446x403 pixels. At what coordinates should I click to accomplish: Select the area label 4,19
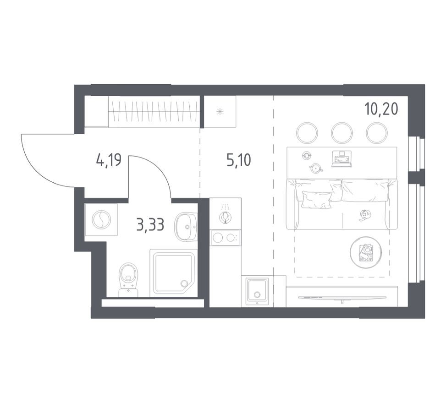point(109,160)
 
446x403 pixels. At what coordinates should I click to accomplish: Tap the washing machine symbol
point(101,220)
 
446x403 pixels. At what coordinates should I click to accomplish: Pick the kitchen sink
point(257,290)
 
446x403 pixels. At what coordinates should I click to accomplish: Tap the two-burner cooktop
point(225,237)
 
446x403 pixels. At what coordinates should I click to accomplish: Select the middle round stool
point(341,132)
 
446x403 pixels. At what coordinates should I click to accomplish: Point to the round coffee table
point(365,252)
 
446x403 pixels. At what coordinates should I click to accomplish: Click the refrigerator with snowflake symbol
point(220,111)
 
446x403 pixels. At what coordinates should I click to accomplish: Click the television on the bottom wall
point(341,298)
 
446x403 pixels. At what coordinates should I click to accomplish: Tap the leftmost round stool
point(307,132)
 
